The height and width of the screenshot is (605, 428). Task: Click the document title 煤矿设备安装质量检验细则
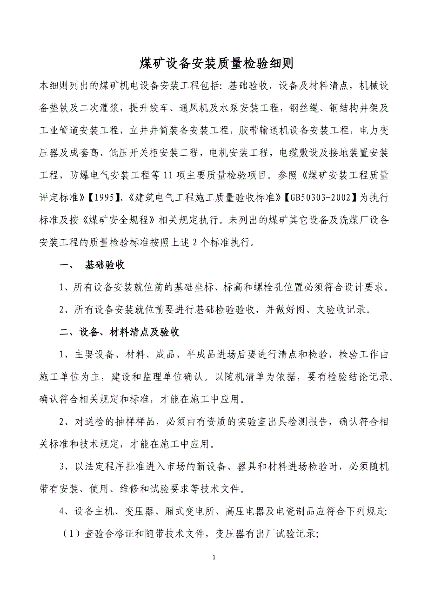pyautogui.click(x=214, y=64)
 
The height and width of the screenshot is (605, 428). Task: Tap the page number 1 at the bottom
pyautogui.click(x=214, y=557)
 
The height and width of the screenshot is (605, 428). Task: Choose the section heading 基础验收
pyautogui.click(x=105, y=265)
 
